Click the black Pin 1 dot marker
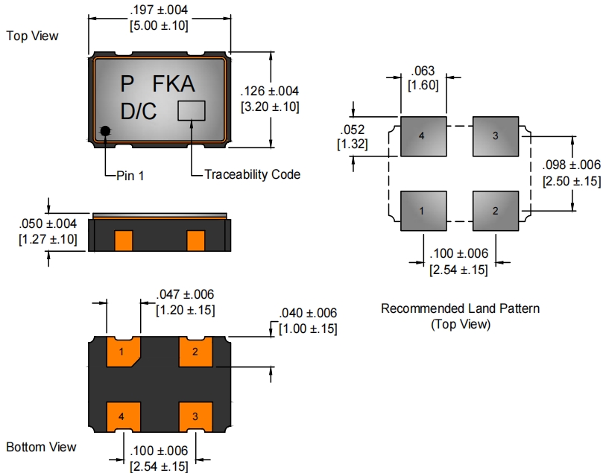click(106, 131)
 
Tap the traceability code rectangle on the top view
click(192, 110)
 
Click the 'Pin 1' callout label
click(132, 176)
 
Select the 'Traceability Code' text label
click(253, 174)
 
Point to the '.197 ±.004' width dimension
click(159, 10)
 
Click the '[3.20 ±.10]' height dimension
click(270, 107)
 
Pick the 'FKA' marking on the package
click(174, 83)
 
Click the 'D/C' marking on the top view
click(139, 112)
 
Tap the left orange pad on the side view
click(123, 241)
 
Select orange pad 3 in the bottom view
click(195, 416)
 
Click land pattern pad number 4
click(423, 136)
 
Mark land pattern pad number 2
click(495, 211)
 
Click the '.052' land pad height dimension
click(352, 130)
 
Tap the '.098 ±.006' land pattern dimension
click(571, 166)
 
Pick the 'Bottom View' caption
click(41, 447)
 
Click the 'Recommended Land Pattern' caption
click(460, 308)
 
